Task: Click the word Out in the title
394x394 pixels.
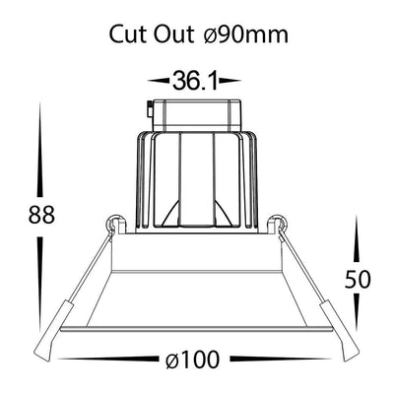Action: (173, 34)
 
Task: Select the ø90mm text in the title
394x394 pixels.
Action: (246, 34)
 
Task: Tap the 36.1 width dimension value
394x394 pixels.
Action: (195, 81)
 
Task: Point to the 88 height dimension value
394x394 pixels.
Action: (41, 215)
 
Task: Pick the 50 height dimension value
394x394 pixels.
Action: (358, 280)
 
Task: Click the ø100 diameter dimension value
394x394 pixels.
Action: (192, 359)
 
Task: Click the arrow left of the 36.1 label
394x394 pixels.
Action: (159, 80)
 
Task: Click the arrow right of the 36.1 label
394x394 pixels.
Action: (230, 80)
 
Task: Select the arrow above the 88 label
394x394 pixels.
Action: (40, 150)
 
